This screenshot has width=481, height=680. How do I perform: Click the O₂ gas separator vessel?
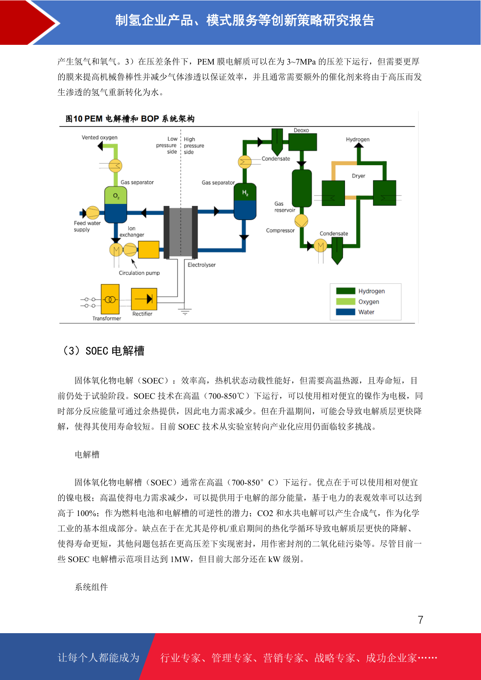coord(116,204)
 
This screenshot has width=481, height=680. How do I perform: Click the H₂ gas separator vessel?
coord(245,201)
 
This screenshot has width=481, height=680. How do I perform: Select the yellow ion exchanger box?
coord(149,250)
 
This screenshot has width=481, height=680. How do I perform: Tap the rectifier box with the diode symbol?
coord(144,299)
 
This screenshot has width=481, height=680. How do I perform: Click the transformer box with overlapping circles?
coord(110,299)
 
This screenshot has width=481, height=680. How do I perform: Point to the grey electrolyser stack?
coord(181,232)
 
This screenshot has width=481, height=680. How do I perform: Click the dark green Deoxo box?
coord(302,142)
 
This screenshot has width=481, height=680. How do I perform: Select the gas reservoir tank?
coord(302,188)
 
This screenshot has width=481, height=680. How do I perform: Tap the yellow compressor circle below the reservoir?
coord(301,221)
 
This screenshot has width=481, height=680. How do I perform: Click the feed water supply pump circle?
coord(92,212)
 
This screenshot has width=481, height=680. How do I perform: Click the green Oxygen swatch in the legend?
coord(346,302)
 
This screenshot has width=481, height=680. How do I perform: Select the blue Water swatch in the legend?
coord(346,312)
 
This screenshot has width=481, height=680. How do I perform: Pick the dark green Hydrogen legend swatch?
coord(346,291)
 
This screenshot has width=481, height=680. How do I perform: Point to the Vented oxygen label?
coord(99,138)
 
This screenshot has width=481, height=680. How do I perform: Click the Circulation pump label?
coord(139,273)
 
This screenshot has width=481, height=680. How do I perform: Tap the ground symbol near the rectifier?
coord(185,311)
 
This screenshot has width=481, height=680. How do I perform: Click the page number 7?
coord(420,620)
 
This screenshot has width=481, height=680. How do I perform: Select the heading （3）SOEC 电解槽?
coord(103,351)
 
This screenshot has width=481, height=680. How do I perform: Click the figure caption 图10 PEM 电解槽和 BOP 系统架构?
coord(130,119)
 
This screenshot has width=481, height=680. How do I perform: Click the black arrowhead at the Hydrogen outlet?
coord(359,145)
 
